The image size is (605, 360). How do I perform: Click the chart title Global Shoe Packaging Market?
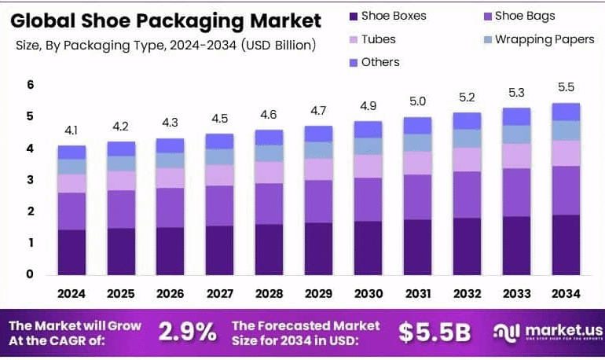pos(166,20)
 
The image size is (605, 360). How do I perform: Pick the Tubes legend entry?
pos(378,39)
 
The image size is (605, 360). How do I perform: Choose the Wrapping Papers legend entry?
pos(544,39)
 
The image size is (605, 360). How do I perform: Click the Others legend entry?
pos(380,62)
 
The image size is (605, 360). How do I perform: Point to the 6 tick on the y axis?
pos(31,85)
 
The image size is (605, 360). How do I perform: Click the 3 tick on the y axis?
pos(31,180)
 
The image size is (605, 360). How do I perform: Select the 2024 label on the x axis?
pos(71,293)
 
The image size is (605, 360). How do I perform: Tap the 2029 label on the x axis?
pos(318,293)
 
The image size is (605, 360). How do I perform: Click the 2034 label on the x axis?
pos(566,293)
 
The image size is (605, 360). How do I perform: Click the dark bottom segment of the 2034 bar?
pos(566,244)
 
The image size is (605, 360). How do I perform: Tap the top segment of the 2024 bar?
pos(71,152)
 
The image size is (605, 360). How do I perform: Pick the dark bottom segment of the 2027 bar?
pos(219,250)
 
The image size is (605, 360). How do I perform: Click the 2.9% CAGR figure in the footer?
pos(187,332)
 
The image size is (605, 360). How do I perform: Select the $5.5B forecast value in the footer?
pos(434,332)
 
